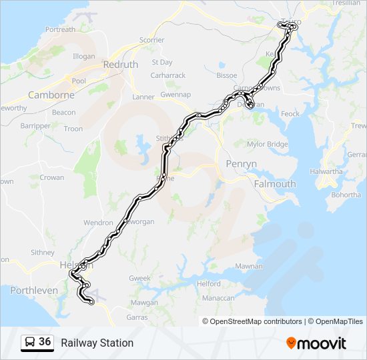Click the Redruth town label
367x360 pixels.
point(120,65)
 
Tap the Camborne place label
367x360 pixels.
point(51,95)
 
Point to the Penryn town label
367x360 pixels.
point(241,164)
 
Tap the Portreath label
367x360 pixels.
point(60,30)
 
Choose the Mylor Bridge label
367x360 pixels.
point(268,144)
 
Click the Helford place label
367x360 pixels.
point(209,283)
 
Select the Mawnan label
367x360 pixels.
point(249,266)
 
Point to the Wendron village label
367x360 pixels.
point(98,223)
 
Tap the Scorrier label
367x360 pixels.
point(151,40)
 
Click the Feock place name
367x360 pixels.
point(290,114)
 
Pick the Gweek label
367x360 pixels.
point(140,277)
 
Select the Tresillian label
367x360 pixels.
point(345,3)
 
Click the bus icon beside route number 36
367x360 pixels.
point(30,342)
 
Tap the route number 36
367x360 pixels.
point(45,342)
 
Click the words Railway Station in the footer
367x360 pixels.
point(97,343)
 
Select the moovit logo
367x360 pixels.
point(316,343)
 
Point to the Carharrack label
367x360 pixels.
point(168,75)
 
